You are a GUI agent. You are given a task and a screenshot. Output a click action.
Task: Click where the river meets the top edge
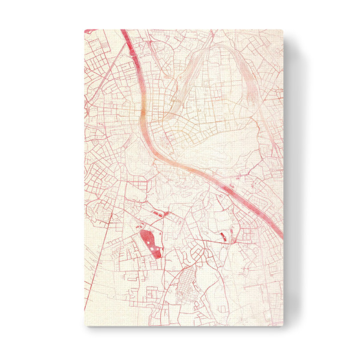124,31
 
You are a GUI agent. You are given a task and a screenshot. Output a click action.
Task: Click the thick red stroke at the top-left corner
90,31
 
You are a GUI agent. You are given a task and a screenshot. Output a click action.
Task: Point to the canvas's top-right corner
283,29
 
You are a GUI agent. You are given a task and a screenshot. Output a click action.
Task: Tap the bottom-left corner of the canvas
85,326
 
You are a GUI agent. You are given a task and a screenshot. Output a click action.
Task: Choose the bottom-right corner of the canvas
283,326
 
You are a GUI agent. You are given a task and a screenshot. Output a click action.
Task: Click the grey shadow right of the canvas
294,180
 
